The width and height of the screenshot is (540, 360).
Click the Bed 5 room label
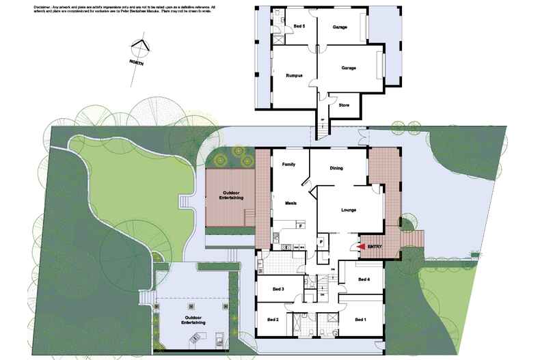[x=299, y=27]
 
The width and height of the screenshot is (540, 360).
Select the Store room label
[x=345, y=105]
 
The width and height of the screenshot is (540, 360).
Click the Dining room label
[x=336, y=168]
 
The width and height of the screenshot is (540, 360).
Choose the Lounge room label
[x=349, y=210]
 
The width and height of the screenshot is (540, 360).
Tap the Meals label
[x=288, y=203]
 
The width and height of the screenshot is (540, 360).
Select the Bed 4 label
[x=364, y=279]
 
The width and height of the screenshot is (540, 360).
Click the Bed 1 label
[x=361, y=319]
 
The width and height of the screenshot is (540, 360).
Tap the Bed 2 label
[x=273, y=319]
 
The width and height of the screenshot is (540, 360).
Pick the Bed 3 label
[x=278, y=289]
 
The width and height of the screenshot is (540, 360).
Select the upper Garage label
[x=340, y=27]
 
